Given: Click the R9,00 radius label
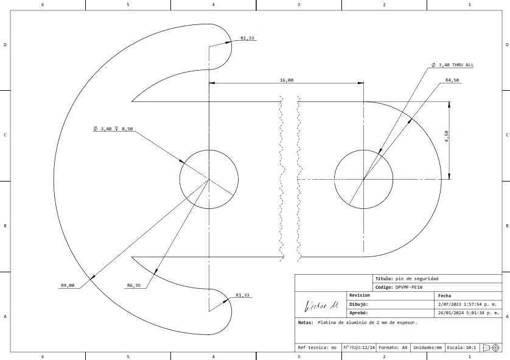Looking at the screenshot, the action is tap(68, 286).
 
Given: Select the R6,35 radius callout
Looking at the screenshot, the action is tap(134, 286).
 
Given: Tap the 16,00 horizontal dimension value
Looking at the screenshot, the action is tap(287, 80).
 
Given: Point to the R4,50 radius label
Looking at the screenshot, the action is tap(452, 80).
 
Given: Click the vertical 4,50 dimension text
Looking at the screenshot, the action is tap(446, 136).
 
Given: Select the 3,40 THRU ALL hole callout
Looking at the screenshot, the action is tap(452, 65).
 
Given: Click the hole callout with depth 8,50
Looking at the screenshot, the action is tap(113, 129).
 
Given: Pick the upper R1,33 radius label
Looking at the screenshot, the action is tap(247, 38).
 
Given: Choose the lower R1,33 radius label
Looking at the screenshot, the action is tap(242, 295).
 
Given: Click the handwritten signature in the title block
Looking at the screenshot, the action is tap(321, 305).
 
